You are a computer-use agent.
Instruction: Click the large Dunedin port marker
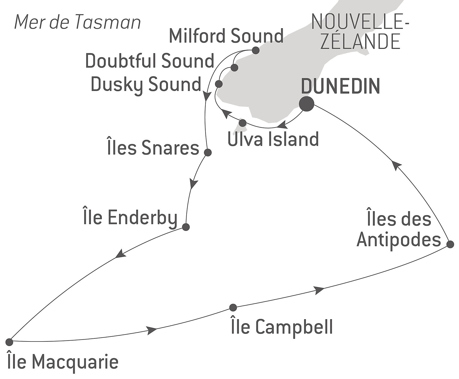(306, 104)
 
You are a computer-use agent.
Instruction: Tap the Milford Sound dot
(255, 50)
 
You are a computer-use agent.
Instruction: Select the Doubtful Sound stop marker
(234, 68)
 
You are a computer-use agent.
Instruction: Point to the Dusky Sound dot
(218, 84)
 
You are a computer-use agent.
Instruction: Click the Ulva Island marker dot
(243, 123)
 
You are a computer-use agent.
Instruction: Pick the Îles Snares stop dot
(208, 152)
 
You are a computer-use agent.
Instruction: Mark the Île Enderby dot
(186, 227)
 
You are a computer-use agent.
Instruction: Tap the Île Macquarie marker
(9, 342)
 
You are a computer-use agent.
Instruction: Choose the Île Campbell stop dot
(233, 307)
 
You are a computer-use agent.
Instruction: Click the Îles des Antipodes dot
(450, 244)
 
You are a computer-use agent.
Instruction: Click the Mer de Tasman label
(77, 22)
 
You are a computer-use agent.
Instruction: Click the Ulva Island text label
(273, 139)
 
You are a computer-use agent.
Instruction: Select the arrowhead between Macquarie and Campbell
(152, 330)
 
